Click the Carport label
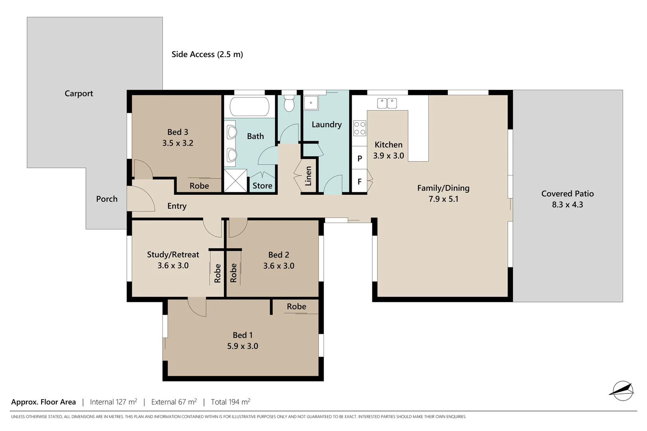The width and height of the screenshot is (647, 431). click(79, 93)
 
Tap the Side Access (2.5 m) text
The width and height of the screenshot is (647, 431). click(207, 54)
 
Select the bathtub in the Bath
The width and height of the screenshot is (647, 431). click(249, 107)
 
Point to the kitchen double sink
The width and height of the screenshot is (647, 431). click(387, 103)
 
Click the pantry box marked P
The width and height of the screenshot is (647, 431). click(359, 158)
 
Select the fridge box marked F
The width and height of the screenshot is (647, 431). click(359, 182)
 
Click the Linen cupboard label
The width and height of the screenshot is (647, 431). click(308, 176)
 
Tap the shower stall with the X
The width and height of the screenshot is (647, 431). click(235, 180)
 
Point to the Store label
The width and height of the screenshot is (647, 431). click(262, 186)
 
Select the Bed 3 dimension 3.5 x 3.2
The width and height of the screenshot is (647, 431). click(178, 143)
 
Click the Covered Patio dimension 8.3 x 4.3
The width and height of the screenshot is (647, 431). click(567, 205)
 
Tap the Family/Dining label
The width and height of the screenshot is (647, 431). click(443, 188)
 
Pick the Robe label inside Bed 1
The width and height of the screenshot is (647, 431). click(296, 306)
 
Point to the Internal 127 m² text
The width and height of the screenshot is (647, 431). click(113, 402)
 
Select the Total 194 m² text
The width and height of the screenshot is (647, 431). click(230, 402)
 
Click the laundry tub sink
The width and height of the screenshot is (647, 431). click(311, 103)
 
